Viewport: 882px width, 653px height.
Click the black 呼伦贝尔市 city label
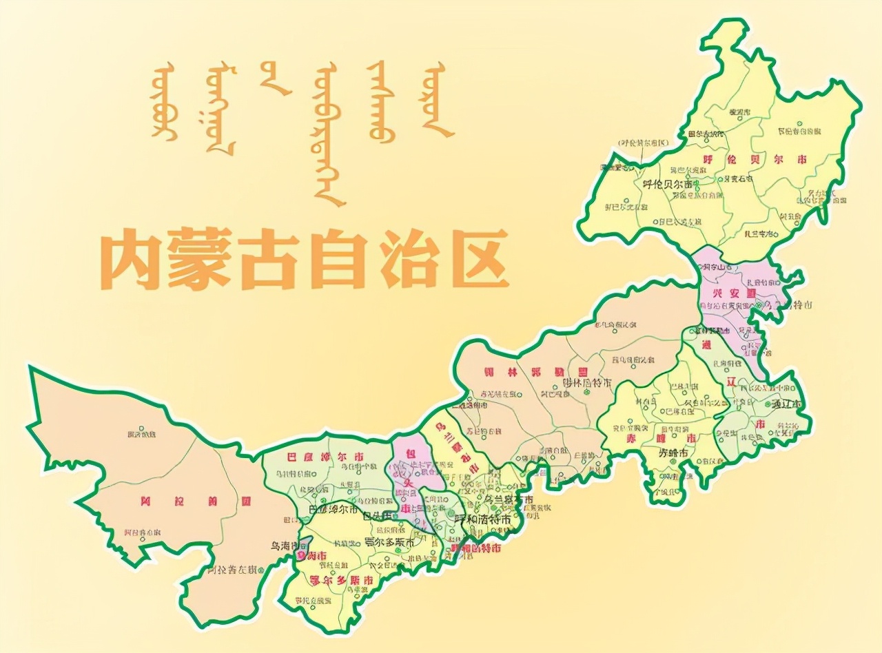(666, 184)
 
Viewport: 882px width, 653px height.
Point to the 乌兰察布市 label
(509, 499)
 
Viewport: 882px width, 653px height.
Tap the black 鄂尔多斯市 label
(389, 542)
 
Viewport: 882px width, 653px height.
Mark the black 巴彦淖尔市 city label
(333, 510)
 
